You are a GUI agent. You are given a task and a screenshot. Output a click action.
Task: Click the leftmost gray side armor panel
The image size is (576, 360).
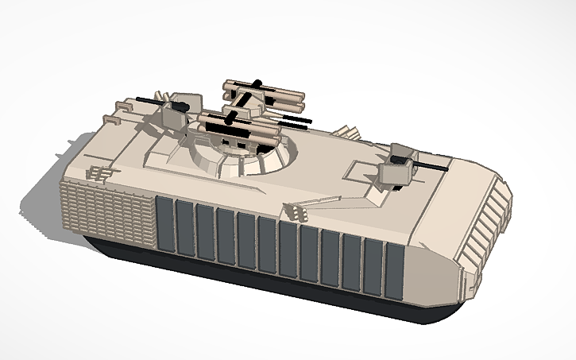pyautogui.click(x=164, y=226)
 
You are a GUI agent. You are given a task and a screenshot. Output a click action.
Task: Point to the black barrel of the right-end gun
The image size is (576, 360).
pyautogui.click(x=429, y=166)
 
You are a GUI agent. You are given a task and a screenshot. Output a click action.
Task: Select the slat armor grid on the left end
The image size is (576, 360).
pyautogui.click(x=103, y=211)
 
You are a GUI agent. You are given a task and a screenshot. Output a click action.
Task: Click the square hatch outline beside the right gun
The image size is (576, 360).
pyautogui.click(x=361, y=171)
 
